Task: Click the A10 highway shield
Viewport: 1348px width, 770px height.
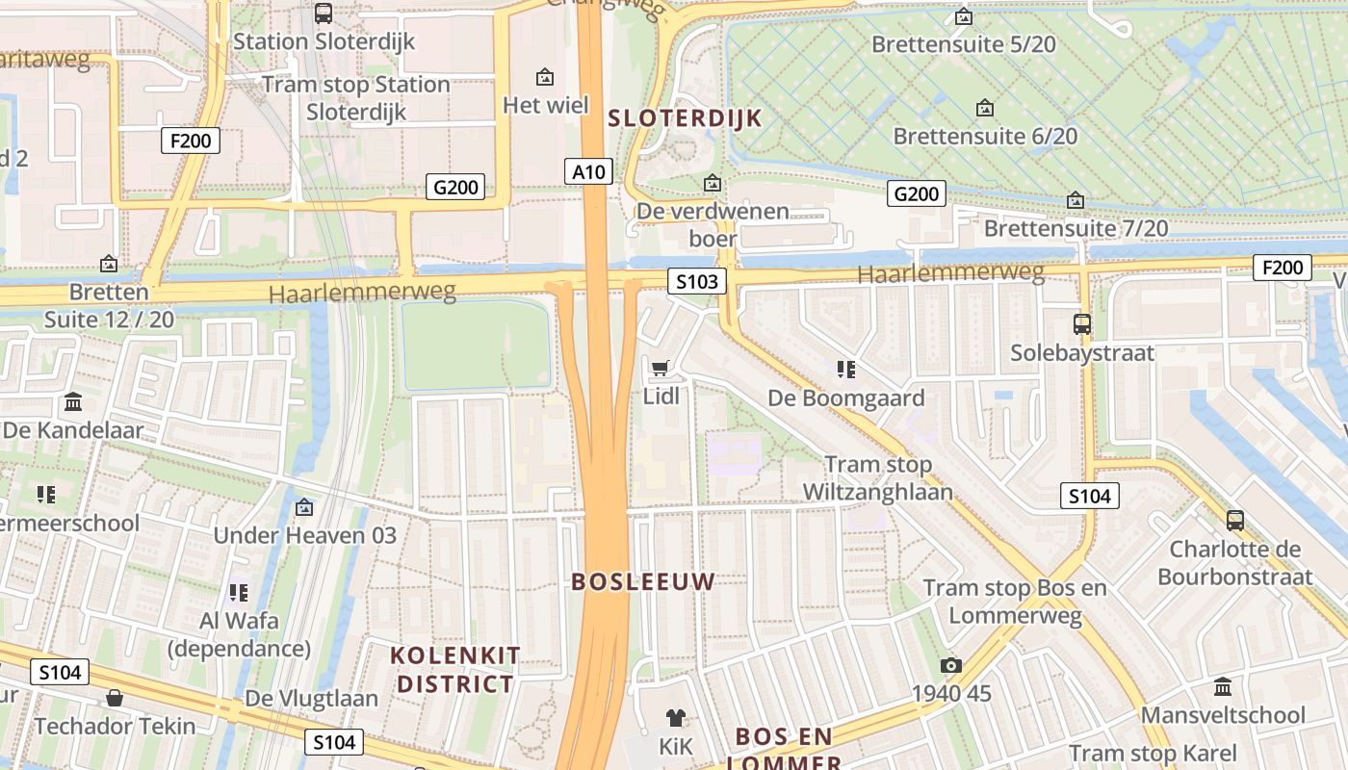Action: click(588, 172)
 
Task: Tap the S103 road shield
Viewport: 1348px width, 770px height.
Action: click(697, 281)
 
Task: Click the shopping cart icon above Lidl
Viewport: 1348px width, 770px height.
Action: click(660, 368)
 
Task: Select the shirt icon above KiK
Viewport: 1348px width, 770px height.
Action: click(675, 717)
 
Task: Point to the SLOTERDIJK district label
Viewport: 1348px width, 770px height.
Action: click(685, 118)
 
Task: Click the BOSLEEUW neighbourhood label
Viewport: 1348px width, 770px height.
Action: click(643, 581)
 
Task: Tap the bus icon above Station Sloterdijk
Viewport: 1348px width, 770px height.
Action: click(324, 13)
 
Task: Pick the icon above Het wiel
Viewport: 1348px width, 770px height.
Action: click(545, 76)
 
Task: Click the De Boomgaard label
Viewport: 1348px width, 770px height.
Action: click(845, 398)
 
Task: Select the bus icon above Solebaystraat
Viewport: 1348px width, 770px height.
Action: click(1082, 324)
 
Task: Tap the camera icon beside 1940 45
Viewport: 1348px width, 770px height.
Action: click(951, 665)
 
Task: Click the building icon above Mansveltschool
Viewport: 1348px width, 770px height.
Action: click(1223, 687)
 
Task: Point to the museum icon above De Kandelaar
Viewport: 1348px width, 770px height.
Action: click(73, 402)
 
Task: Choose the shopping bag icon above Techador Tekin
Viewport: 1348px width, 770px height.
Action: click(115, 698)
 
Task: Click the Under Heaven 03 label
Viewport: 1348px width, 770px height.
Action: click(304, 535)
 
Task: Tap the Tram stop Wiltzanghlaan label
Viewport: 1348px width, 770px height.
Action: click(878, 478)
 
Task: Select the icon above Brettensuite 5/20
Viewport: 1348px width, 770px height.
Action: click(963, 16)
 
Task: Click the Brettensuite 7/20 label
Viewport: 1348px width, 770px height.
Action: click(1076, 228)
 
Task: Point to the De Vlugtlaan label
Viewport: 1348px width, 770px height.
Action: click(312, 698)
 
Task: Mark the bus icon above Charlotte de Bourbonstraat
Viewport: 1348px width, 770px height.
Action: click(1235, 521)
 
